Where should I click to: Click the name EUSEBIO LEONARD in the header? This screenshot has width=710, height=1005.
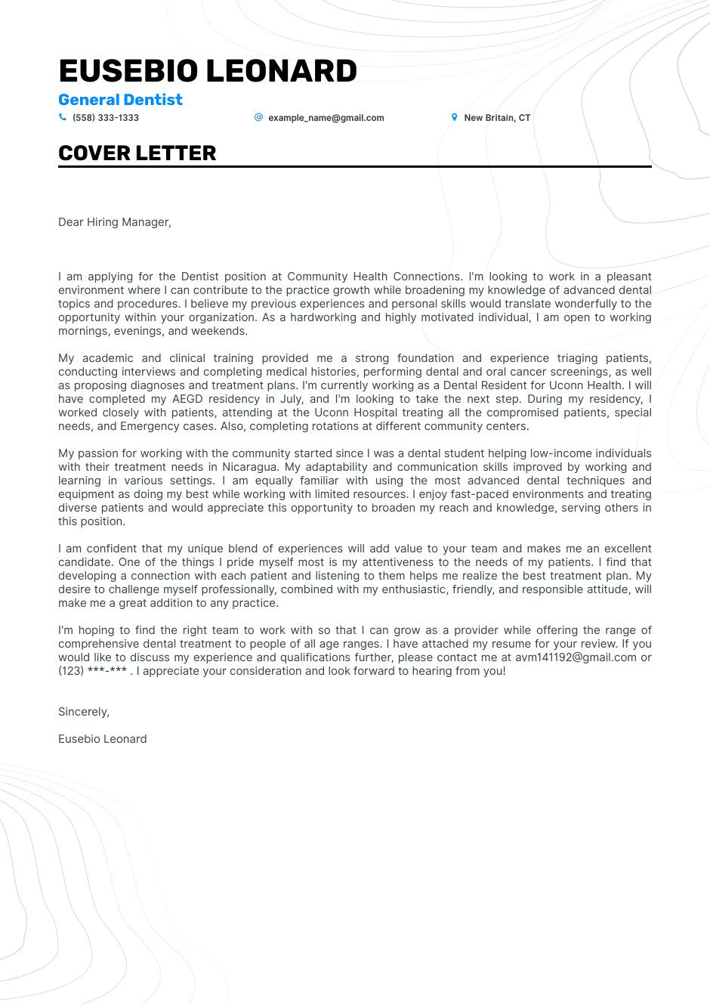tap(208, 71)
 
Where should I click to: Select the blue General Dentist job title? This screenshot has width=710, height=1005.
tap(120, 100)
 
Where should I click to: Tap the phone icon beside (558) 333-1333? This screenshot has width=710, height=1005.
tap(63, 117)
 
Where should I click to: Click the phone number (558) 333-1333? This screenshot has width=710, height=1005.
tap(106, 118)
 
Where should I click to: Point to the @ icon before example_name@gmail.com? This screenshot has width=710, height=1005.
tap(258, 117)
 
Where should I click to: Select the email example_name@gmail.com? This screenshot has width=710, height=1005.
tap(326, 118)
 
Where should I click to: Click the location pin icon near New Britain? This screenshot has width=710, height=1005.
tap(454, 117)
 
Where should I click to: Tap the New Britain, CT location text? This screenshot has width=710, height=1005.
tap(497, 118)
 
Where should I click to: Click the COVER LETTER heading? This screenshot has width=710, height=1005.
tap(137, 153)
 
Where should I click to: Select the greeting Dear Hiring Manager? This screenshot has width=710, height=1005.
tap(115, 222)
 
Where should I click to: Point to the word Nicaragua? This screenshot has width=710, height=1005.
tap(249, 467)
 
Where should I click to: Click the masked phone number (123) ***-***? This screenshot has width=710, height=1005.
tap(92, 671)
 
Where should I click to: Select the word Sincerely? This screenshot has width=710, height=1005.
tap(84, 712)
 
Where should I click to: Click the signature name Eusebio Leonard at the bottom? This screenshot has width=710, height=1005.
tap(103, 739)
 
